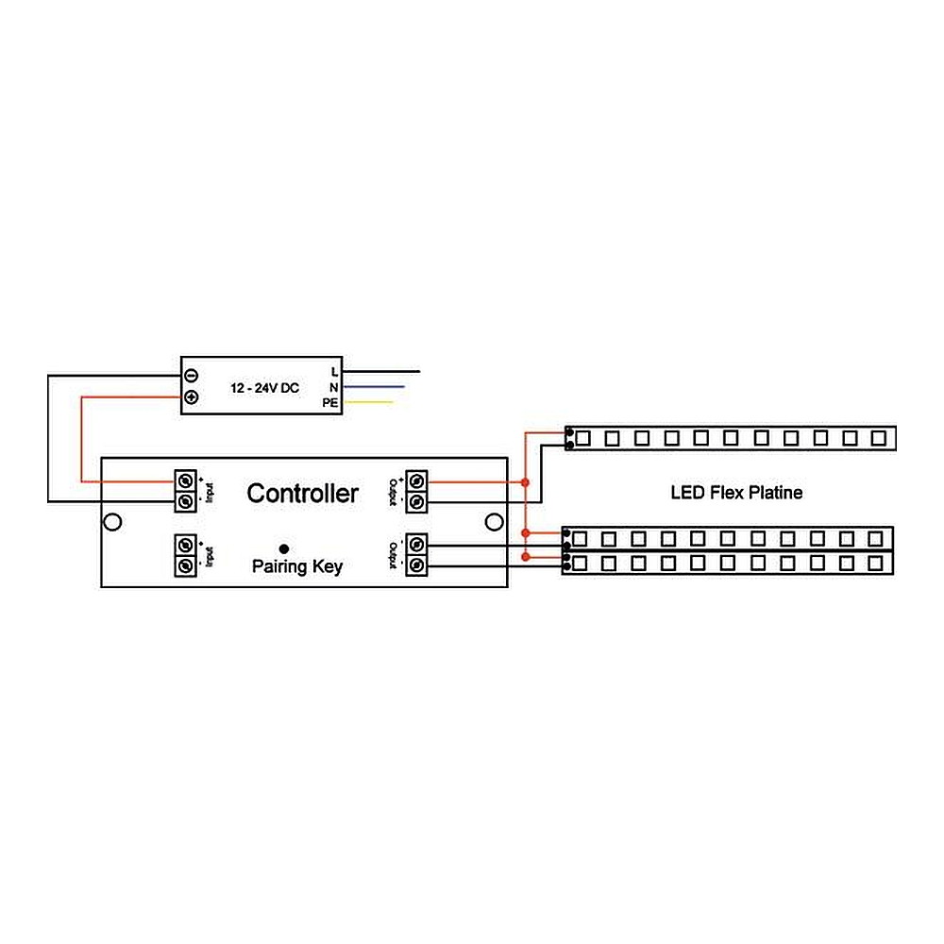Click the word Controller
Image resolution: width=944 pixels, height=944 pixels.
tap(302, 493)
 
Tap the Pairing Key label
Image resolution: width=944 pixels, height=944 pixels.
tap(296, 567)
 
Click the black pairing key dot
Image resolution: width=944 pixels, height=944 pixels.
tap(283, 547)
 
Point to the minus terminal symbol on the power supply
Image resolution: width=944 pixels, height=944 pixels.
tap(191, 375)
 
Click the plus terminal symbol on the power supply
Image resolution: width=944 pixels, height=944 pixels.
tap(191, 397)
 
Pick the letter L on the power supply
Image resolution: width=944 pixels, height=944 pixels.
tap(334, 372)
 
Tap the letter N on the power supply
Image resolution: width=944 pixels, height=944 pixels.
tap(334, 387)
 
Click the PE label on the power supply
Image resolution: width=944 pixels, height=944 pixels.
tap(330, 403)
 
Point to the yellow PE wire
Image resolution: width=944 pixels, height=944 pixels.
tap(370, 403)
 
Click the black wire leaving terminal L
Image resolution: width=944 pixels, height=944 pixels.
tap(382, 372)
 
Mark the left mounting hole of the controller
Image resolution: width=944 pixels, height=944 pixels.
tap(112, 522)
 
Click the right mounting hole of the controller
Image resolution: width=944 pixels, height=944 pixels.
tap(492, 522)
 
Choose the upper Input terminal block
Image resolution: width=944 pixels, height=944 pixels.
tap(185, 491)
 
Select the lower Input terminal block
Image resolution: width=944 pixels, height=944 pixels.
tap(185, 555)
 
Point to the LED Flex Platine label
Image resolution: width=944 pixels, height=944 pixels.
tap(736, 492)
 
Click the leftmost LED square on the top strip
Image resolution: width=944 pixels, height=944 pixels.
tap(582, 438)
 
